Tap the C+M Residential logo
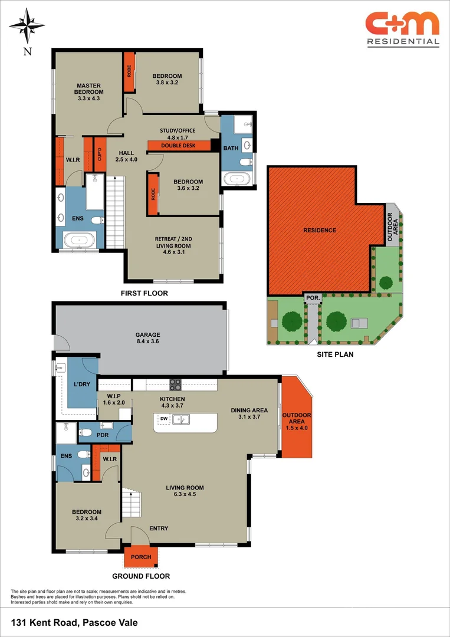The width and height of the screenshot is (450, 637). click(x=402, y=28)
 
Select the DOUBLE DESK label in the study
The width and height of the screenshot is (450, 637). click(x=179, y=146)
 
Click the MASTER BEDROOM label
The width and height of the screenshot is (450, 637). click(x=88, y=88)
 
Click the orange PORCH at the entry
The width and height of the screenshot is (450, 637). click(x=141, y=557)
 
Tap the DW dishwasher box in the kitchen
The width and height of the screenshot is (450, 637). click(x=162, y=419)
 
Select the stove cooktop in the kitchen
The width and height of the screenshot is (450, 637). click(x=176, y=385)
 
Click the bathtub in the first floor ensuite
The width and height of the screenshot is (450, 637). click(x=78, y=240)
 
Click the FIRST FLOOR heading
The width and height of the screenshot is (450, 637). click(x=144, y=293)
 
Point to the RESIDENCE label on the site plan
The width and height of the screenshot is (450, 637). click(x=320, y=230)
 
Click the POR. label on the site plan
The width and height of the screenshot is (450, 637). click(x=313, y=298)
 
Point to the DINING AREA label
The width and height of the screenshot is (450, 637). click(x=249, y=413)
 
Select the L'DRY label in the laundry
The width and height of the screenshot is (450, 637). click(x=81, y=385)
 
